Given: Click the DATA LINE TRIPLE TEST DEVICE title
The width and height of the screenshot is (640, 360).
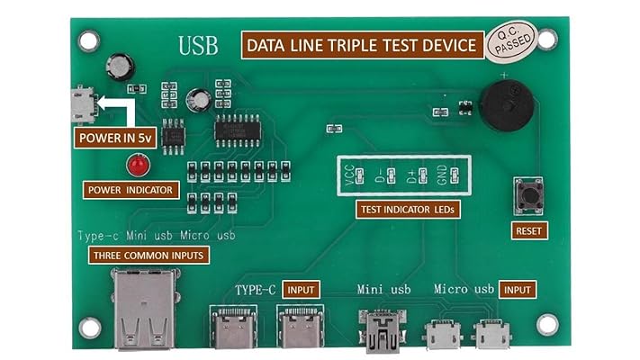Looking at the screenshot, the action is (x=361, y=45).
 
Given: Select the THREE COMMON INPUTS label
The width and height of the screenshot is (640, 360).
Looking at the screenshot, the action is (x=149, y=256).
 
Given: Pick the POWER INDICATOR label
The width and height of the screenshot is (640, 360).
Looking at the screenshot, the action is (x=131, y=190).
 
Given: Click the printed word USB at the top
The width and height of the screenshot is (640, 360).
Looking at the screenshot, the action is (x=198, y=45).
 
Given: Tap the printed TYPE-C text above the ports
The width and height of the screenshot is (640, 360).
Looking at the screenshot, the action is (x=254, y=290).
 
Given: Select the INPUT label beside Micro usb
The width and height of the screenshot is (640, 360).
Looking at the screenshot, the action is (x=518, y=290).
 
